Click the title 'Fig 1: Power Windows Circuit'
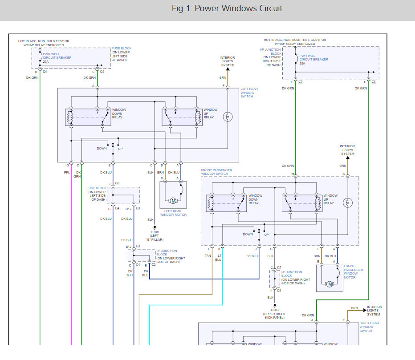(227, 8)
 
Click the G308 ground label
(155, 232)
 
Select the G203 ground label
(275, 310)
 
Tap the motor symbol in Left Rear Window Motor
(173, 201)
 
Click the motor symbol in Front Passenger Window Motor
(330, 284)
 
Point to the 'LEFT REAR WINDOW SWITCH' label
(249, 93)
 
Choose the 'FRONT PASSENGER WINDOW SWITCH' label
(216, 172)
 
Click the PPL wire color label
(67, 173)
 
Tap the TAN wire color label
(208, 255)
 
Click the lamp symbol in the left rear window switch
(228, 117)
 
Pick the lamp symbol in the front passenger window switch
(347, 203)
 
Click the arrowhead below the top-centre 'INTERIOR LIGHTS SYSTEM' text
(228, 69)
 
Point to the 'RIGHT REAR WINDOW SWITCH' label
(369, 327)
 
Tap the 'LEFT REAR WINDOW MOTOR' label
(173, 213)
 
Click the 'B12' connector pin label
(128, 247)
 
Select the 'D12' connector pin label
(128, 209)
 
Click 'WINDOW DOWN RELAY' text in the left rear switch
(119, 113)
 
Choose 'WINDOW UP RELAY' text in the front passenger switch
(330, 199)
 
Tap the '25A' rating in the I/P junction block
(302, 64)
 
